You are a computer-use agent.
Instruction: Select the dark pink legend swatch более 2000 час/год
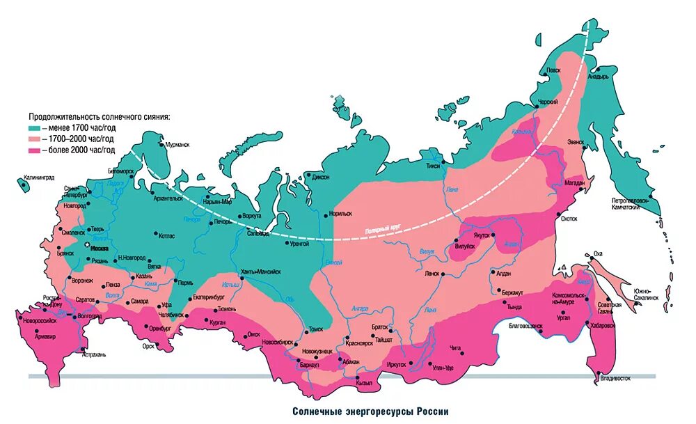[x=34, y=150]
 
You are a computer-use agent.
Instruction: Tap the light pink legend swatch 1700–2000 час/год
[x=34, y=139]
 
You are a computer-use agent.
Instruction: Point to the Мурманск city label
[x=176, y=145]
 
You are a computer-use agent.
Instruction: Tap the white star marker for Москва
[x=87, y=245]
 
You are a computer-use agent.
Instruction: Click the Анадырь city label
[x=599, y=77]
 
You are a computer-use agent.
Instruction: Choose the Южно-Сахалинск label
[x=645, y=294]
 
